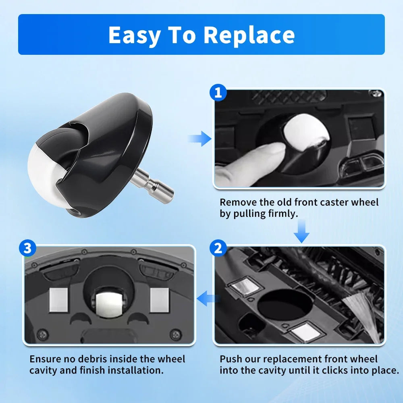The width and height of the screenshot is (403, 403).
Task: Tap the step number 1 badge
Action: coord(218,93)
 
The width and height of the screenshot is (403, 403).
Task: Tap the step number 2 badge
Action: coord(218,249)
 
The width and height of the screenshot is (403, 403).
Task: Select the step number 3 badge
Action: coord(27,248)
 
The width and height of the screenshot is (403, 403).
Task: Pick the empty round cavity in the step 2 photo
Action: coord(285,305)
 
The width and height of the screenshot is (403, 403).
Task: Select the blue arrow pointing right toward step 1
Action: coord(199,139)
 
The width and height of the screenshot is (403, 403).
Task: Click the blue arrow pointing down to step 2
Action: coord(301,231)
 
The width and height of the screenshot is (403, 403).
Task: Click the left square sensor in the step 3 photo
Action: coord(58,300)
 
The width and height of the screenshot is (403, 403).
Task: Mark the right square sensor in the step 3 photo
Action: coord(159,300)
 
